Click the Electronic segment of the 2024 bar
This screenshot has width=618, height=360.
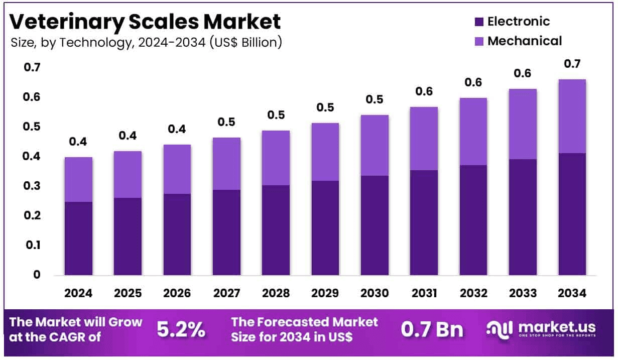tap(78, 238)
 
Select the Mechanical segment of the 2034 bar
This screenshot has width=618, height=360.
tap(572, 116)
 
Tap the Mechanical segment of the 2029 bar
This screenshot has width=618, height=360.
tap(325, 152)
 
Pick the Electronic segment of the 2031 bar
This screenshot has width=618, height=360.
tap(424, 222)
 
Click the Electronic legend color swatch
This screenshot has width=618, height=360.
tap(478, 22)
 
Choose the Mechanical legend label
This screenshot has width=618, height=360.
tap(525, 41)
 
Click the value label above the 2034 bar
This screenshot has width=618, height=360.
tap(572, 64)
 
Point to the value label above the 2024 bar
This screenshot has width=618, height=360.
tap(78, 142)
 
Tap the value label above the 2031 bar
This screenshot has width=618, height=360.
tap(424, 92)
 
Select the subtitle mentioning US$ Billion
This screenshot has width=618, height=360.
tap(146, 43)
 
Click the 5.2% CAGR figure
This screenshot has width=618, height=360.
tap(181, 329)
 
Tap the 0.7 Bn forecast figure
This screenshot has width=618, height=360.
tap(432, 329)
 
